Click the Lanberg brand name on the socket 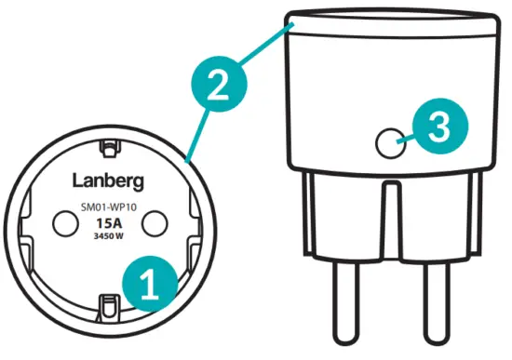(107, 179)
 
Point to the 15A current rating (108, 223)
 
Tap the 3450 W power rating (108, 238)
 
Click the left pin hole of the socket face (65, 221)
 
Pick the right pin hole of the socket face (152, 221)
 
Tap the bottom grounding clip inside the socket (108, 303)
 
